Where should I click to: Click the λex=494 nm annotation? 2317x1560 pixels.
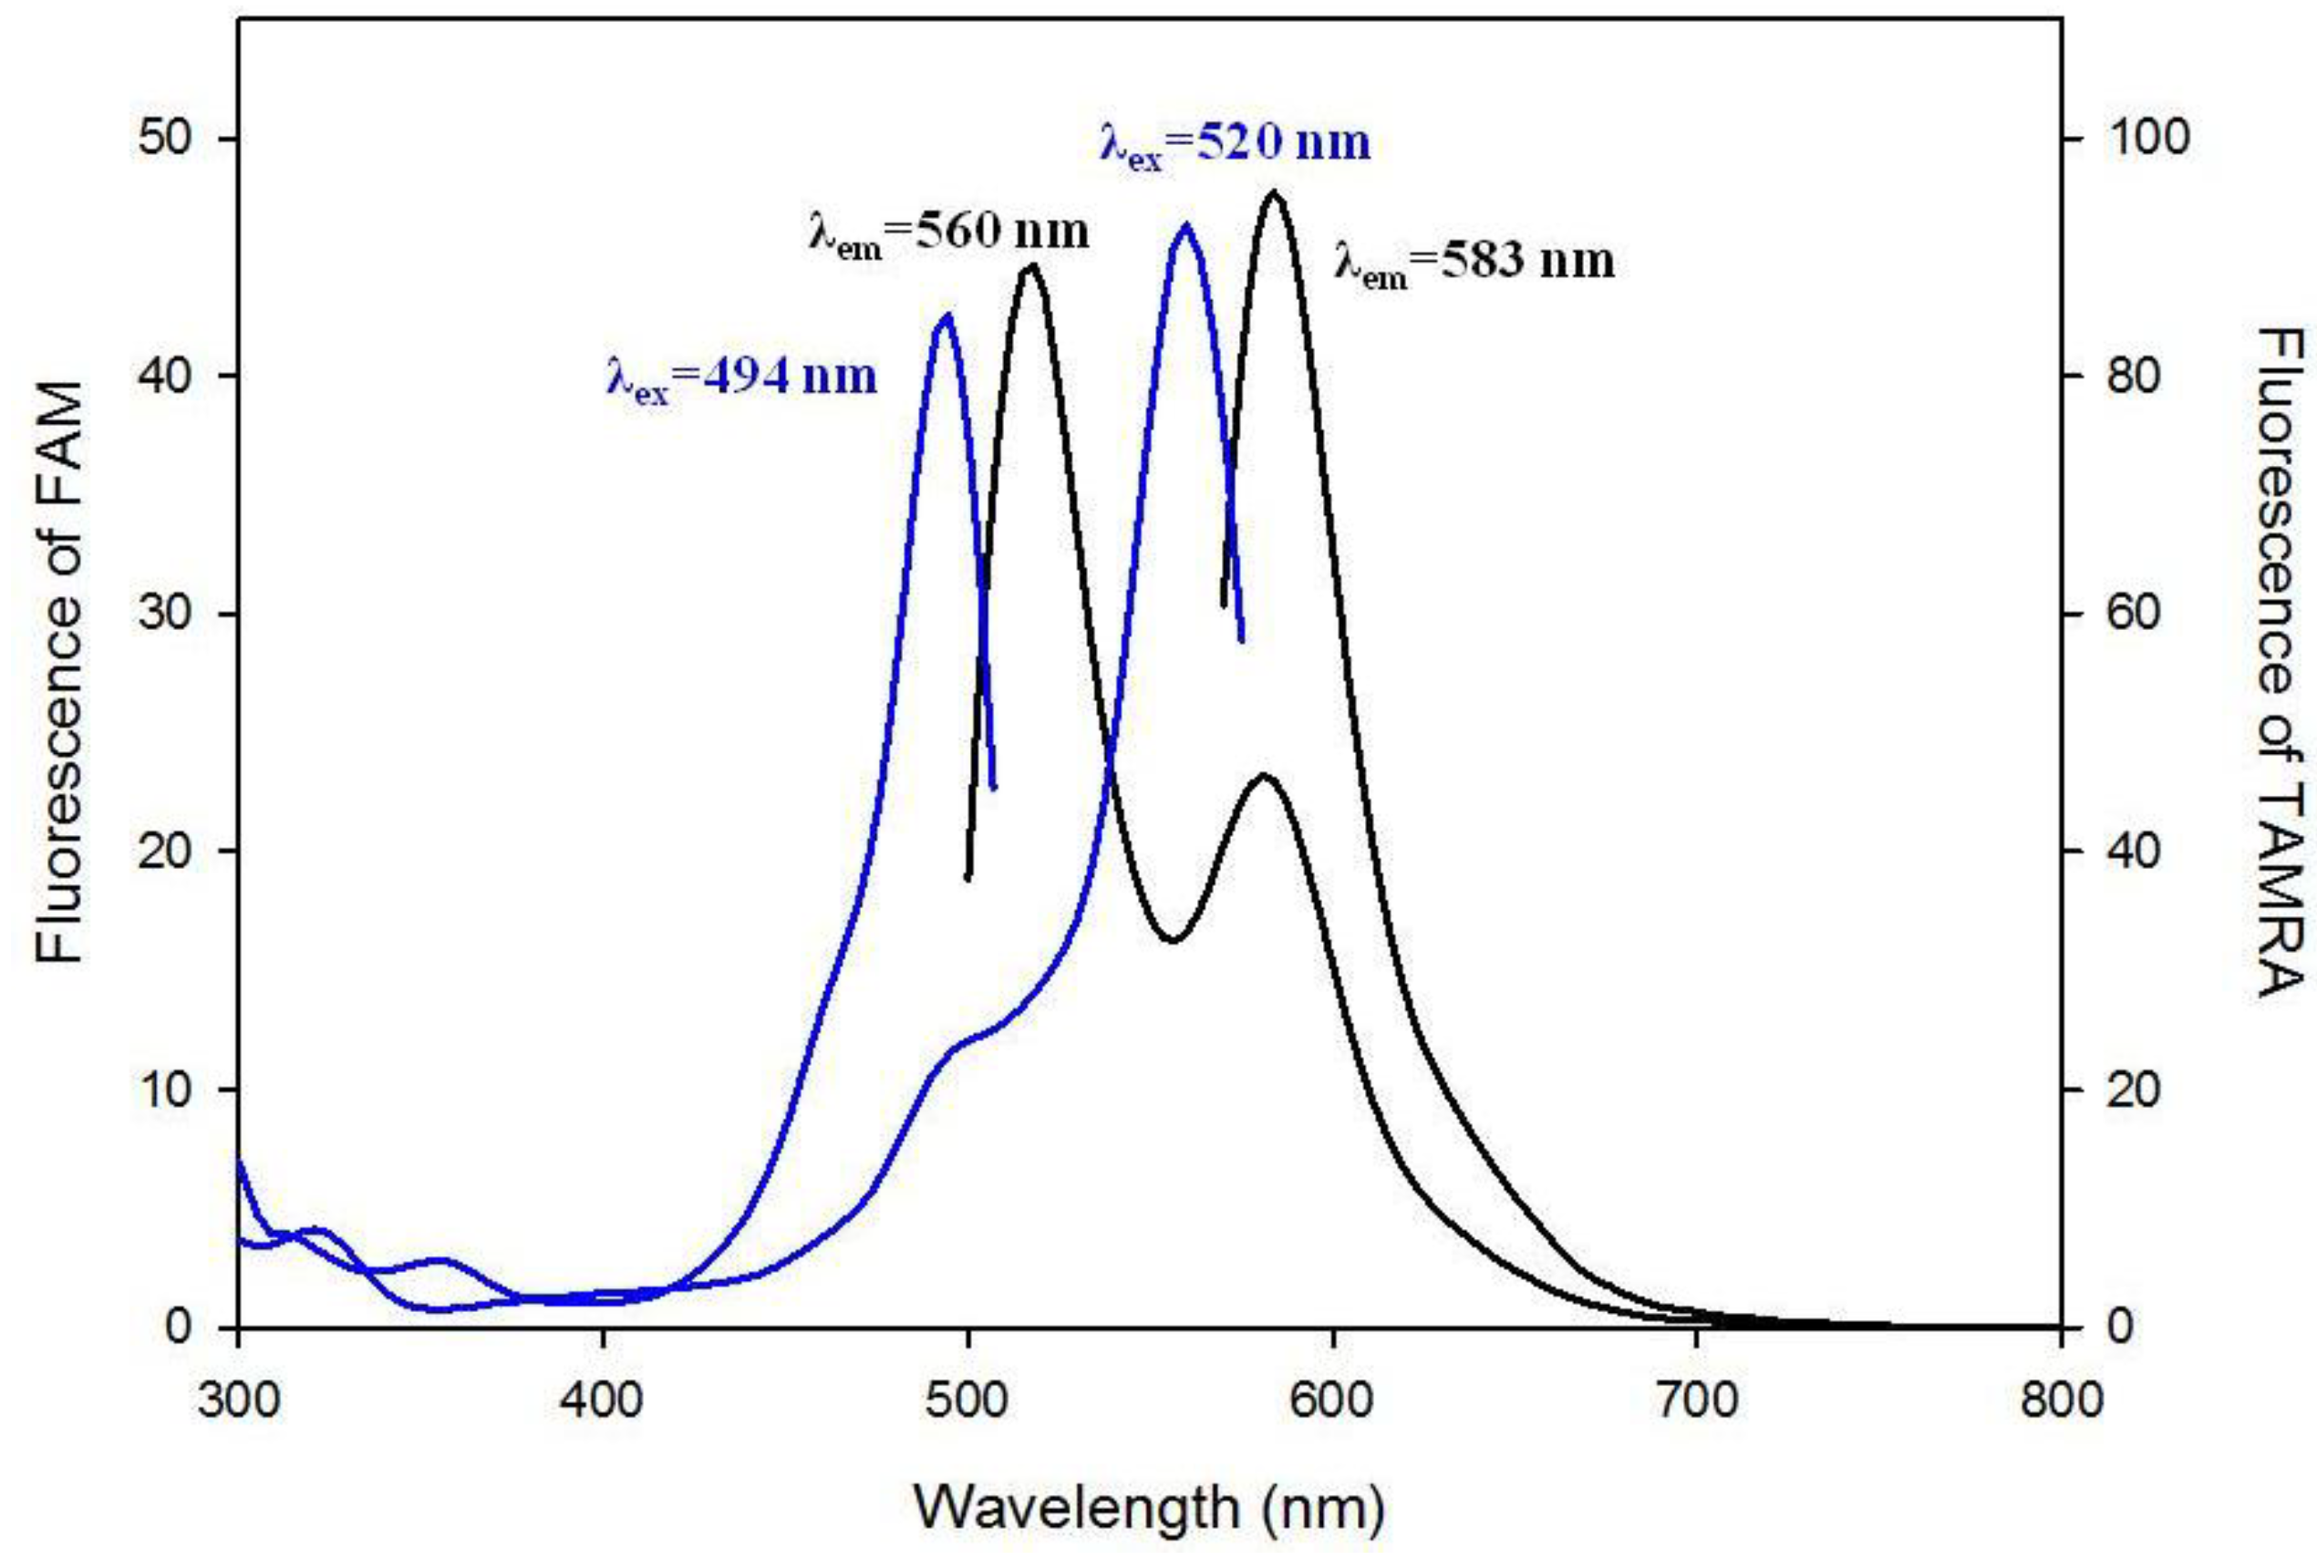741,379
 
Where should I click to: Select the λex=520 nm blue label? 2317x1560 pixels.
1235,145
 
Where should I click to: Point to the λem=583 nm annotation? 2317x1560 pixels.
1474,263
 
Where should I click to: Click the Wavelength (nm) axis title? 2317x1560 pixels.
1149,1509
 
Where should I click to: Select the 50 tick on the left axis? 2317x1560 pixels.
164,139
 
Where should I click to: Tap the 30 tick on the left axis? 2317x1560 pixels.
164,614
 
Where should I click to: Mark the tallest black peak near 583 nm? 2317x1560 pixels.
1274,192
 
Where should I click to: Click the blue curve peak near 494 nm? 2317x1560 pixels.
946,316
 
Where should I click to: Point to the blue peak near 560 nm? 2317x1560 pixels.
1184,226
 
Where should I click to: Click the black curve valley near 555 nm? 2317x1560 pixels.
1174,939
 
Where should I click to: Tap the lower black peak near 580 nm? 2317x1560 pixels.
1264,775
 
